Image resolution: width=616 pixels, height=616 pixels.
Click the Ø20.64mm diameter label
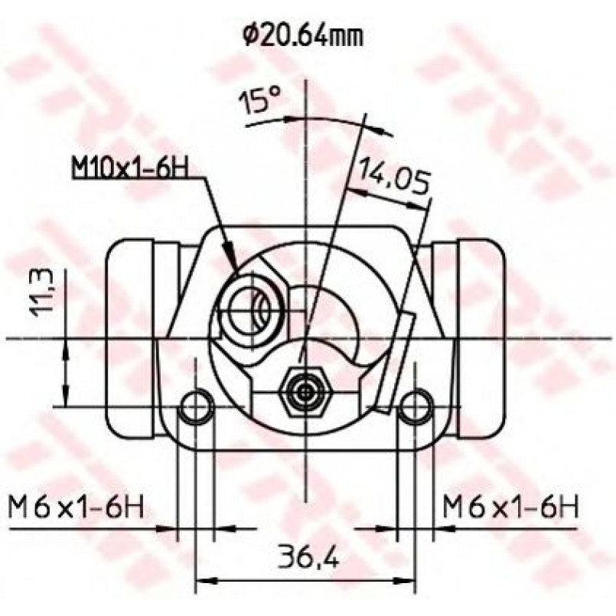pyautogui.click(x=302, y=36)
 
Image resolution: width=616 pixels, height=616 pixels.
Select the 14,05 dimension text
pyautogui.click(x=393, y=174)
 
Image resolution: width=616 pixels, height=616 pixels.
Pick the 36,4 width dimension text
pyautogui.click(x=308, y=555)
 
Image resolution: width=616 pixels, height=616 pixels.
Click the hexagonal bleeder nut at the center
pyautogui.click(x=305, y=391)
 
